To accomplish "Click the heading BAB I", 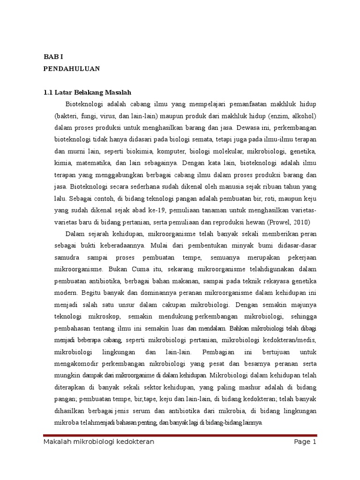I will click(x=52, y=56).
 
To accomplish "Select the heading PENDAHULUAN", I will click(x=71, y=68).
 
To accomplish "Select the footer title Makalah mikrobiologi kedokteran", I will click(x=98, y=442).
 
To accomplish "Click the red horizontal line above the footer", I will click(x=180, y=435).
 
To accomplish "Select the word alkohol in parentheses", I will click(x=304, y=115).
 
